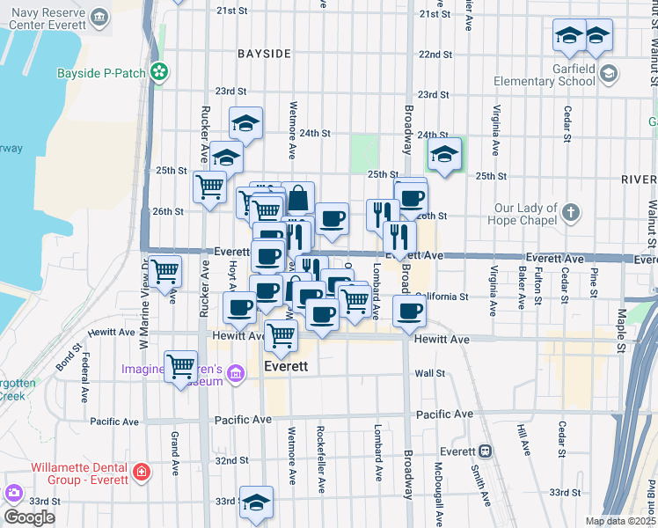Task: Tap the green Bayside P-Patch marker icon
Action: pos(159,72)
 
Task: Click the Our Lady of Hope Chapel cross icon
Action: pos(571,212)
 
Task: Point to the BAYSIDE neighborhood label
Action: pos(264,54)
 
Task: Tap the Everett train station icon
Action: pos(485,451)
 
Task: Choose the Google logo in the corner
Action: pos(29,517)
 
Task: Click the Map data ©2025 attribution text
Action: pos(621,521)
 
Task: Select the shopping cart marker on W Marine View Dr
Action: pos(164,271)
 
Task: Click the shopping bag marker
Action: pos(298,198)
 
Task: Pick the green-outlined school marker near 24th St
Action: pos(445,155)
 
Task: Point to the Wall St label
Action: pos(429,373)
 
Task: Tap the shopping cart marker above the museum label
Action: pos(181,365)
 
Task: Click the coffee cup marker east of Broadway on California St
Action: pos(408,312)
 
